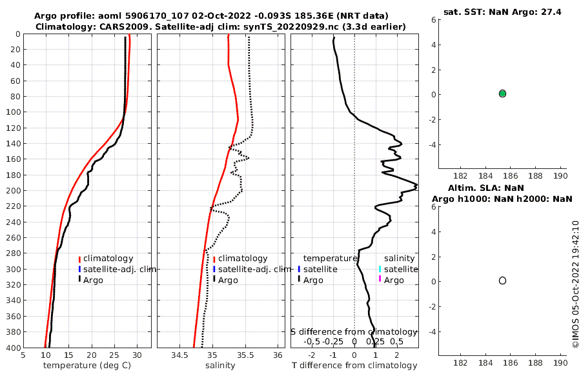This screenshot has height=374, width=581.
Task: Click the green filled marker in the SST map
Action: (x=502, y=93)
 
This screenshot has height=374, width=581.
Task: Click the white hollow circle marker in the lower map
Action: (x=502, y=280)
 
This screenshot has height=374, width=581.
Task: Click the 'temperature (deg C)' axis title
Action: (x=87, y=366)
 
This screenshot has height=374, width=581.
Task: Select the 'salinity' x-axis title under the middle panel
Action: (x=220, y=366)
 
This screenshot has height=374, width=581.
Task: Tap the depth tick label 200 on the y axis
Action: (x=12, y=190)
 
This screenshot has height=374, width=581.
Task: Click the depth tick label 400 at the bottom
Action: (x=12, y=348)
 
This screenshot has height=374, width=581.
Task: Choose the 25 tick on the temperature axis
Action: (x=114, y=355)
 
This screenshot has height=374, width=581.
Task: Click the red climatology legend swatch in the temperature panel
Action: (x=79, y=259)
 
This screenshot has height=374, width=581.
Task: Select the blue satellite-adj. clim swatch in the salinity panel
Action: (x=214, y=269)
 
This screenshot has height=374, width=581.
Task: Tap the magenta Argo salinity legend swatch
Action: (x=380, y=279)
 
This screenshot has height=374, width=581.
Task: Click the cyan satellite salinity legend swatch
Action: (x=380, y=269)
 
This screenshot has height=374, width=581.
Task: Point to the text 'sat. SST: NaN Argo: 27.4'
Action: (x=502, y=12)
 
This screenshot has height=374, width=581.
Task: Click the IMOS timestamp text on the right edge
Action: (x=575, y=284)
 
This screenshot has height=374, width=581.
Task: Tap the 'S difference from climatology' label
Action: (x=354, y=331)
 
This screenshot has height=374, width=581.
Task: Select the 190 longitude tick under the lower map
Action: (x=560, y=363)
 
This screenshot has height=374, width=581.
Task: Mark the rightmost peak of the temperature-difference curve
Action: (x=416, y=186)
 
